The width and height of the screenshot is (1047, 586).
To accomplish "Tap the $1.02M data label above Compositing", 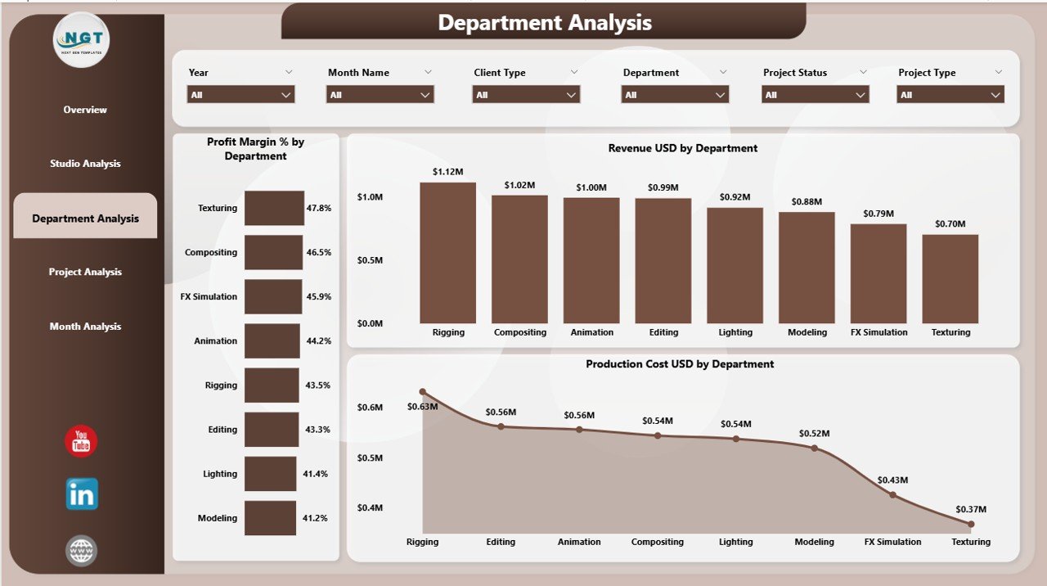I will (519, 184).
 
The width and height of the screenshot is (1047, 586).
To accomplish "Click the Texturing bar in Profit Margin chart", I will (274, 208).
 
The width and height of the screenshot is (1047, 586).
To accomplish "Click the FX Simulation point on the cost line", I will (892, 494).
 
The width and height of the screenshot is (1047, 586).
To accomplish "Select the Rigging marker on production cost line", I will (423, 392).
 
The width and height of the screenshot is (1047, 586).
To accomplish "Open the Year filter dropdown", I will (240, 95).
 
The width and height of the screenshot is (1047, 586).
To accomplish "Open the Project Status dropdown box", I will (815, 95).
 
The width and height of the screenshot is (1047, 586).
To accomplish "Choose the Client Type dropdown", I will (526, 95).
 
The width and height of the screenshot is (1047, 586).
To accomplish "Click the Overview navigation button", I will (85, 110).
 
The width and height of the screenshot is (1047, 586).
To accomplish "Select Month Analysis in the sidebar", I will (85, 327).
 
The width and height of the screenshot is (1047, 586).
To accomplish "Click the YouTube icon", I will (81, 442).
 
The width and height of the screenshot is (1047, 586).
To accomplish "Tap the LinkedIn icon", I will (82, 494).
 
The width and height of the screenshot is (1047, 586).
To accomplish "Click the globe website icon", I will (81, 551).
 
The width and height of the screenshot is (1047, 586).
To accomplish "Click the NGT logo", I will (81, 39).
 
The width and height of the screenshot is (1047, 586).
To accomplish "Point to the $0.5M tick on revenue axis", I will (370, 260).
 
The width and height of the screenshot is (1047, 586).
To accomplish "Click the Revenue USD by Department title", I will (682, 148).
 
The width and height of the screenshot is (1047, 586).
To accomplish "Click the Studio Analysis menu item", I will (85, 164).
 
